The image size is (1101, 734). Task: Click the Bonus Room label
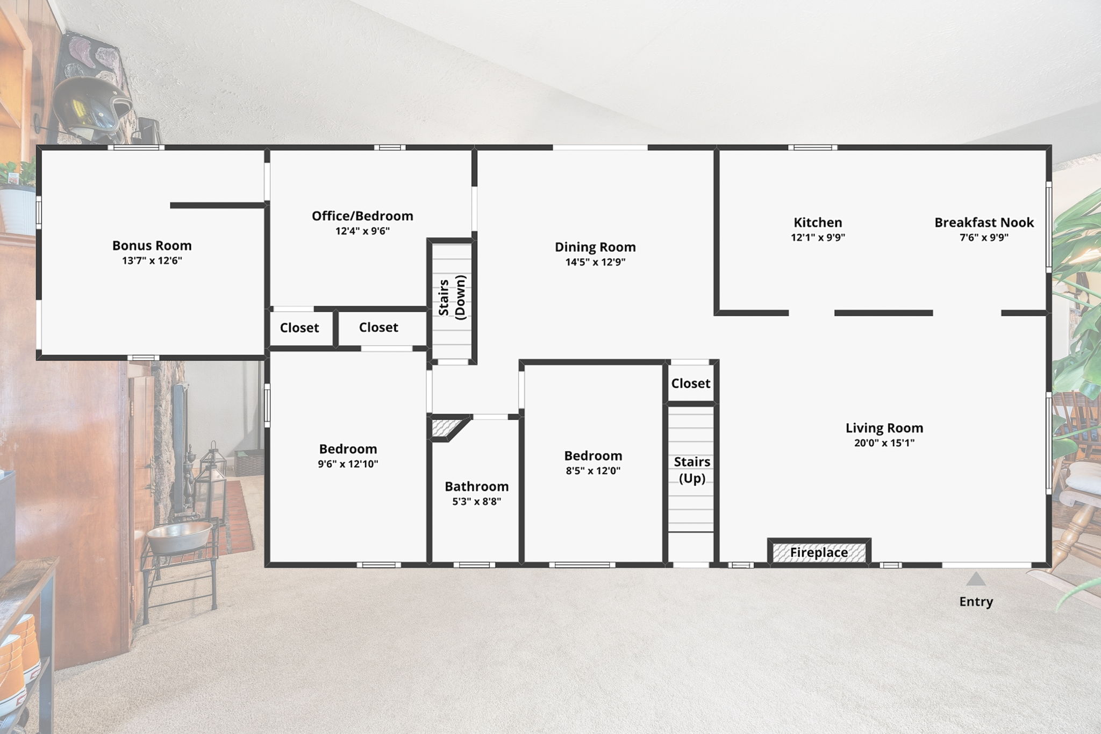pos(152,245)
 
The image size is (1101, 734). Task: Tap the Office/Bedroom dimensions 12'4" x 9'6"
pos(362,231)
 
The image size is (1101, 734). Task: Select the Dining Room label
pos(595,247)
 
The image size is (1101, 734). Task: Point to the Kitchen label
pos(818,222)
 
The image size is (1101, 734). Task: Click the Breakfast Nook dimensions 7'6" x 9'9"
pos(984,237)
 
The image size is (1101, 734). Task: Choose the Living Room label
pos(884,428)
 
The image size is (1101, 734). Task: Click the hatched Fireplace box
pos(819,552)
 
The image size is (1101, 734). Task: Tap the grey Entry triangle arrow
pos(976,579)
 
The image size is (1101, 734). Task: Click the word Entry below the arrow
pos(976,602)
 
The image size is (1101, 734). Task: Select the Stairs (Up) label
pos(692,470)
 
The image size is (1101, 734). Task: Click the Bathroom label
pos(476,486)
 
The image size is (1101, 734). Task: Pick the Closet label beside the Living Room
pos(691,383)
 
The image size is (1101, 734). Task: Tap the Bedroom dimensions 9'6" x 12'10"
pos(348,464)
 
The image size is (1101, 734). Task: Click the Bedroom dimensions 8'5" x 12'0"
pos(593,471)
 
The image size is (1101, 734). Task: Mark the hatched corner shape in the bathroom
pos(446,428)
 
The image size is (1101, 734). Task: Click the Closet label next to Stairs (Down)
pos(378,327)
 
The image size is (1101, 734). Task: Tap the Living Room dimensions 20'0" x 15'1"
pos(884,443)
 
